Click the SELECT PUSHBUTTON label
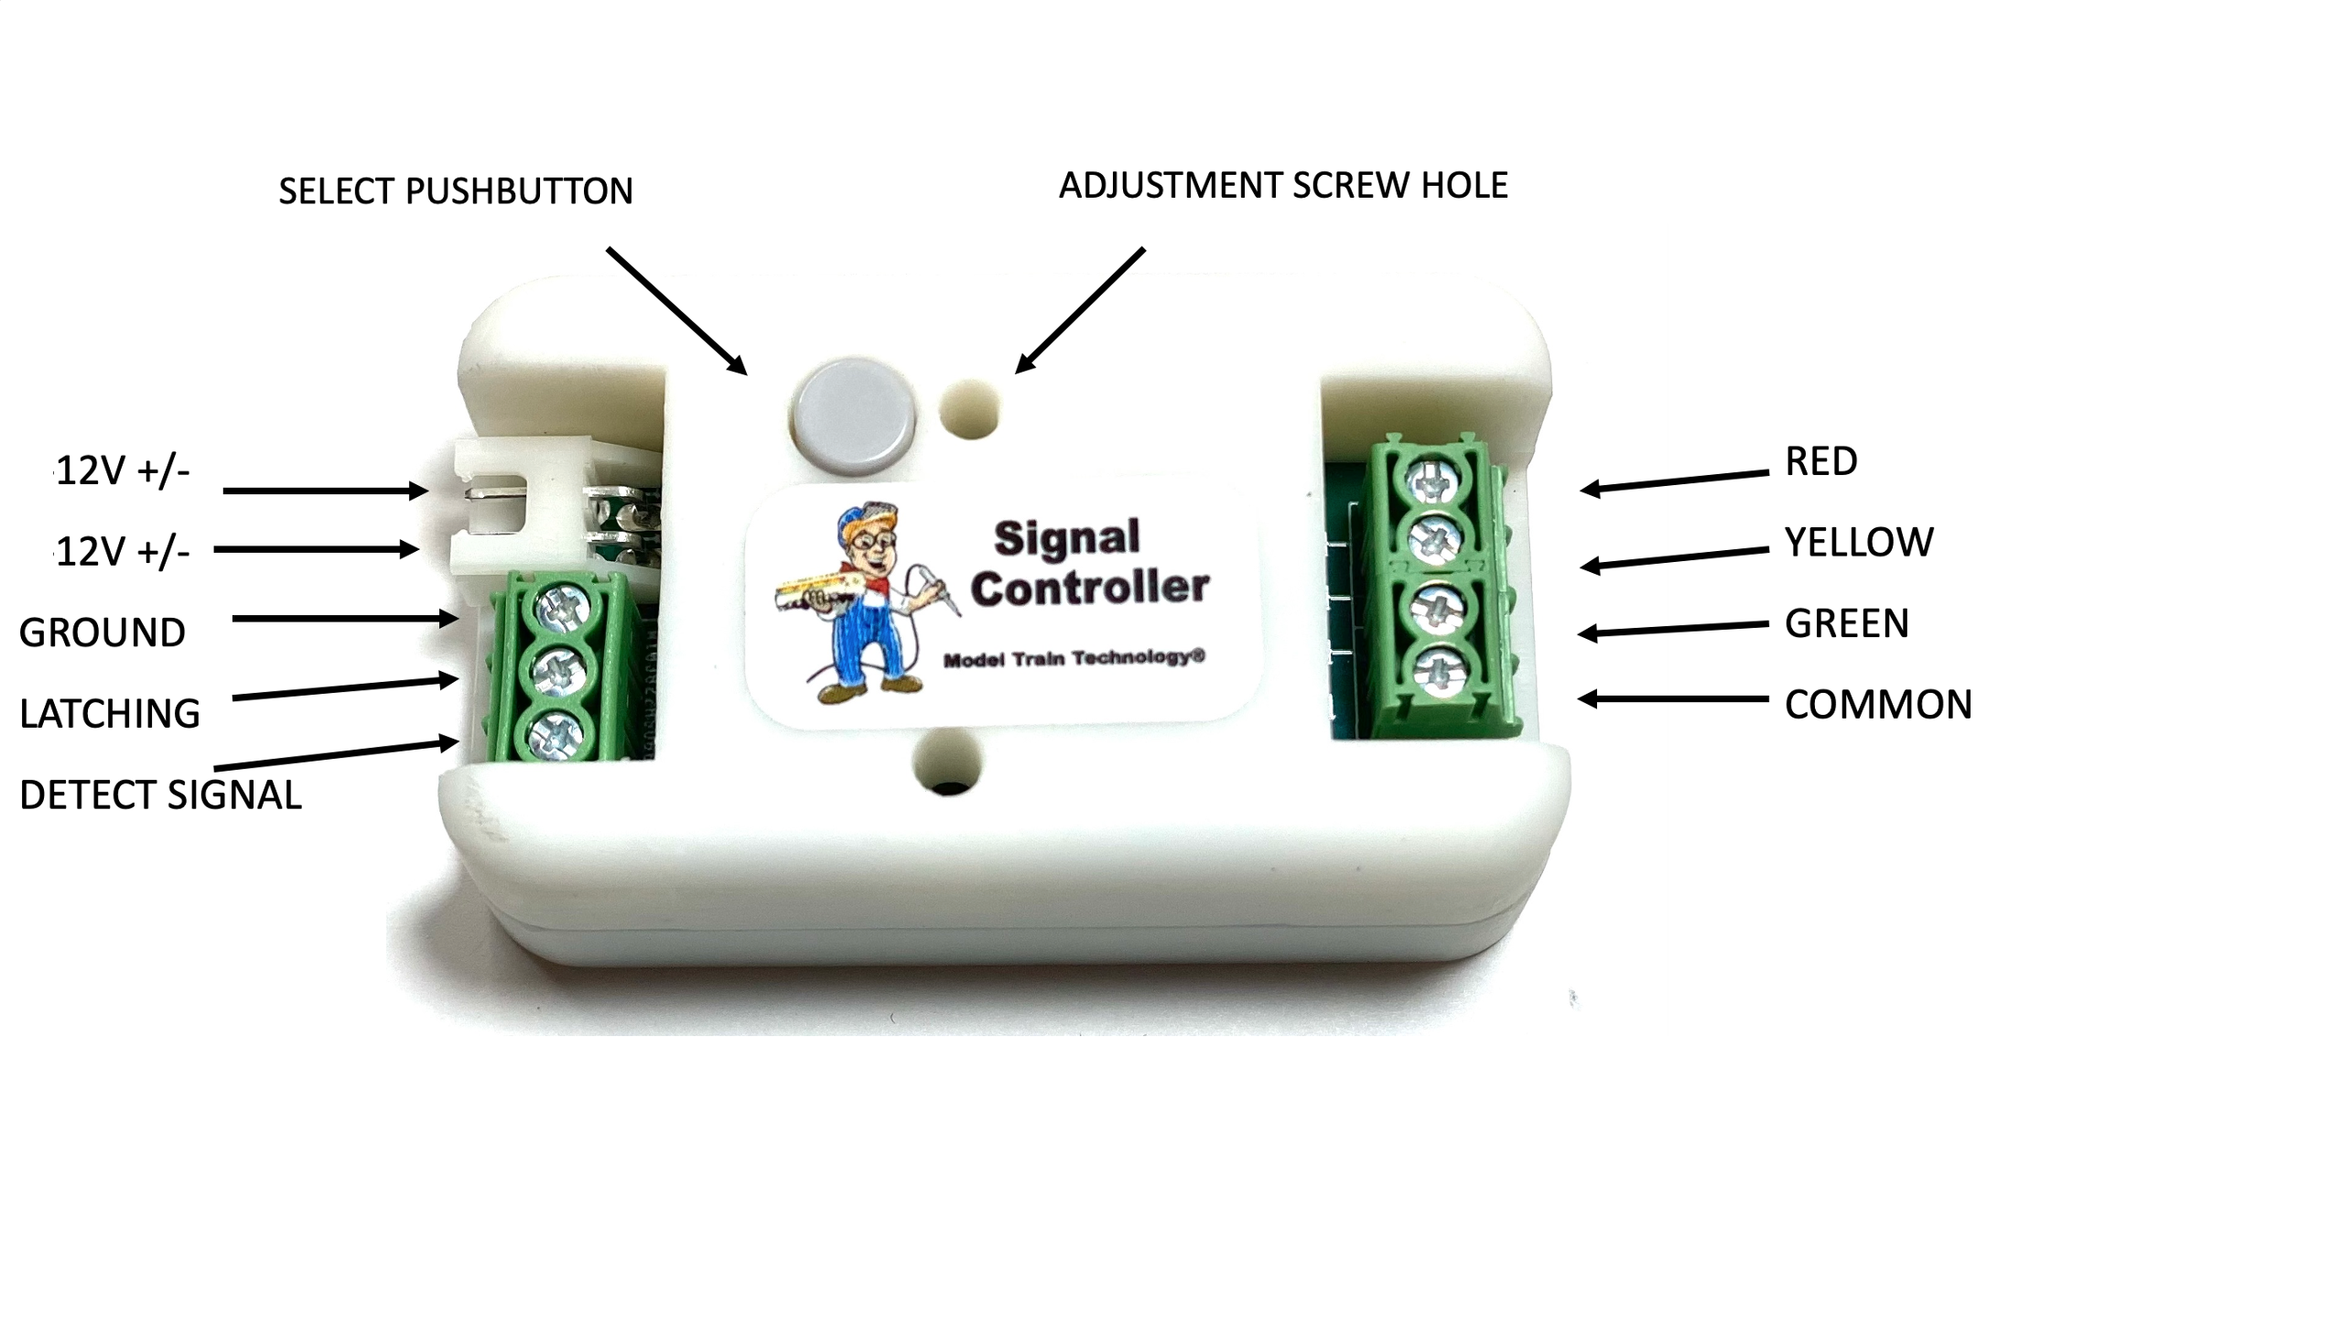tap(456, 191)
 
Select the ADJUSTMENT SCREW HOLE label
tap(1283, 186)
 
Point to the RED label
tap(1820, 461)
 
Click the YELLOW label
tap(1859, 543)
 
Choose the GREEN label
tap(1846, 624)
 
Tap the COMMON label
tap(1878, 705)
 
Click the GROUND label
tap(103, 632)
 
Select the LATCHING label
tap(110, 714)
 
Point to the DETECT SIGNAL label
tap(160, 794)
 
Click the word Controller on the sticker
tap(1089, 587)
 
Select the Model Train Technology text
tap(1074, 658)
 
